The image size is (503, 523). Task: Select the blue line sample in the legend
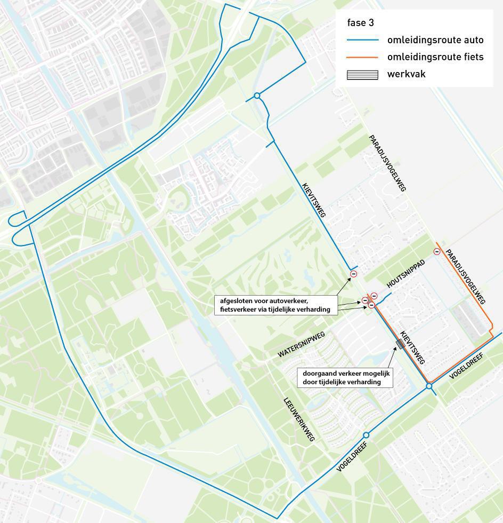click(362, 40)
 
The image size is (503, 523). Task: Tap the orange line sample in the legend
click(362, 57)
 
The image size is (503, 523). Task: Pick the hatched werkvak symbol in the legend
click(362, 74)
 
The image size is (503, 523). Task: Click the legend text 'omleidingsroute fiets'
click(435, 57)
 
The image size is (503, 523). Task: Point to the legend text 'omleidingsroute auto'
click(435, 39)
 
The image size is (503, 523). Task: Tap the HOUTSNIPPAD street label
click(406, 274)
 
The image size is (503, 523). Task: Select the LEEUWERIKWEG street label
click(299, 418)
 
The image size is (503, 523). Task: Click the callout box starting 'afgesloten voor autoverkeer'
click(276, 305)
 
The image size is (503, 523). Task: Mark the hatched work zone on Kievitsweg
click(401, 344)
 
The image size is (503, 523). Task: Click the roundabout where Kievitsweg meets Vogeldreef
click(429, 386)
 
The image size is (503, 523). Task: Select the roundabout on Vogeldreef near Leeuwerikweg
click(366, 435)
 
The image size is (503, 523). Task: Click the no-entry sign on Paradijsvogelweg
click(437, 251)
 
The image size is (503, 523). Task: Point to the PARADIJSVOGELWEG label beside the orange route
click(466, 276)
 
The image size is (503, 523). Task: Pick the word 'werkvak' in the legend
click(407, 74)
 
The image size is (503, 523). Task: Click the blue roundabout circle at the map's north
click(257, 96)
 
